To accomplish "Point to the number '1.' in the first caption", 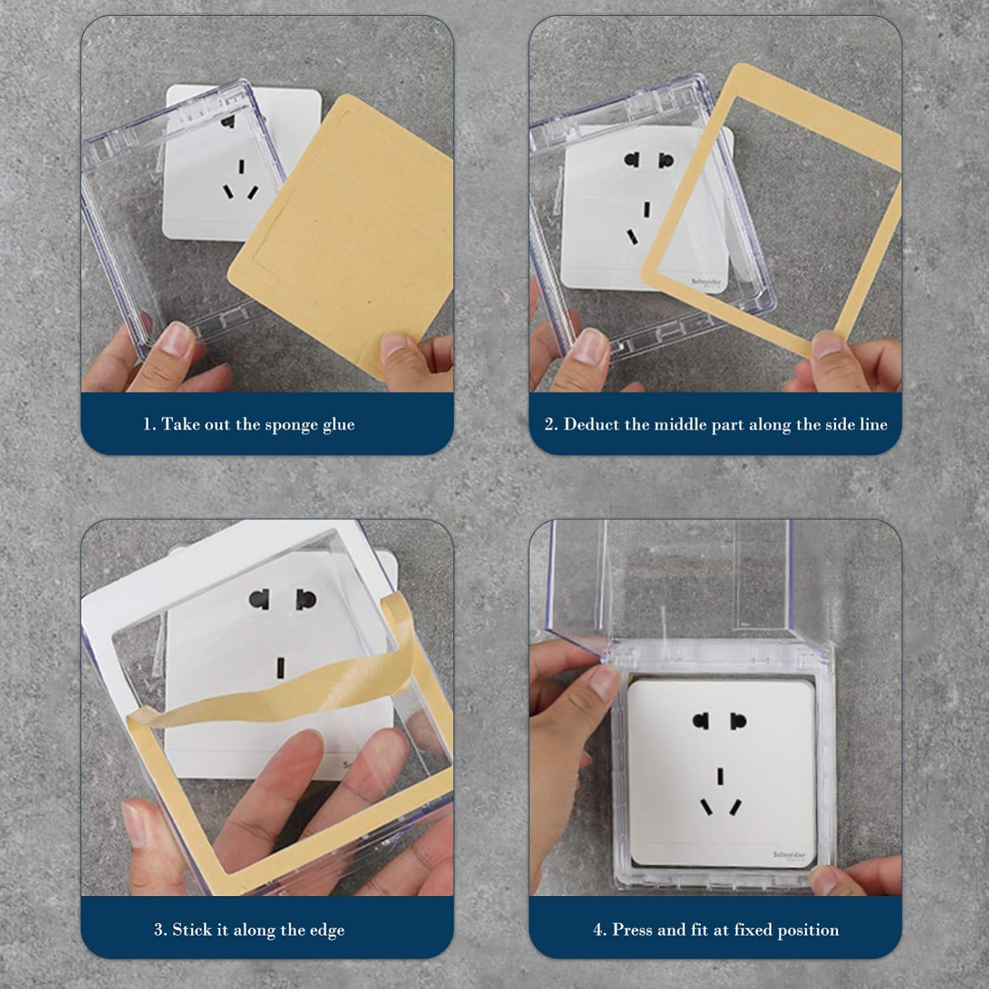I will point(150,424).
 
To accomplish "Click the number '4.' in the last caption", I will point(599,930).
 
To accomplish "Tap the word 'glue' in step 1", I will point(338,425).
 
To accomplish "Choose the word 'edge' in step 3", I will point(327,931).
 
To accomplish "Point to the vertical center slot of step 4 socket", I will point(721,776).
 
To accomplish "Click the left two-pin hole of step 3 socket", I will point(260,599).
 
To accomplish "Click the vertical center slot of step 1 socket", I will point(241,165).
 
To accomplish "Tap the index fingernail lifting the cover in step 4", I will point(603,678).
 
